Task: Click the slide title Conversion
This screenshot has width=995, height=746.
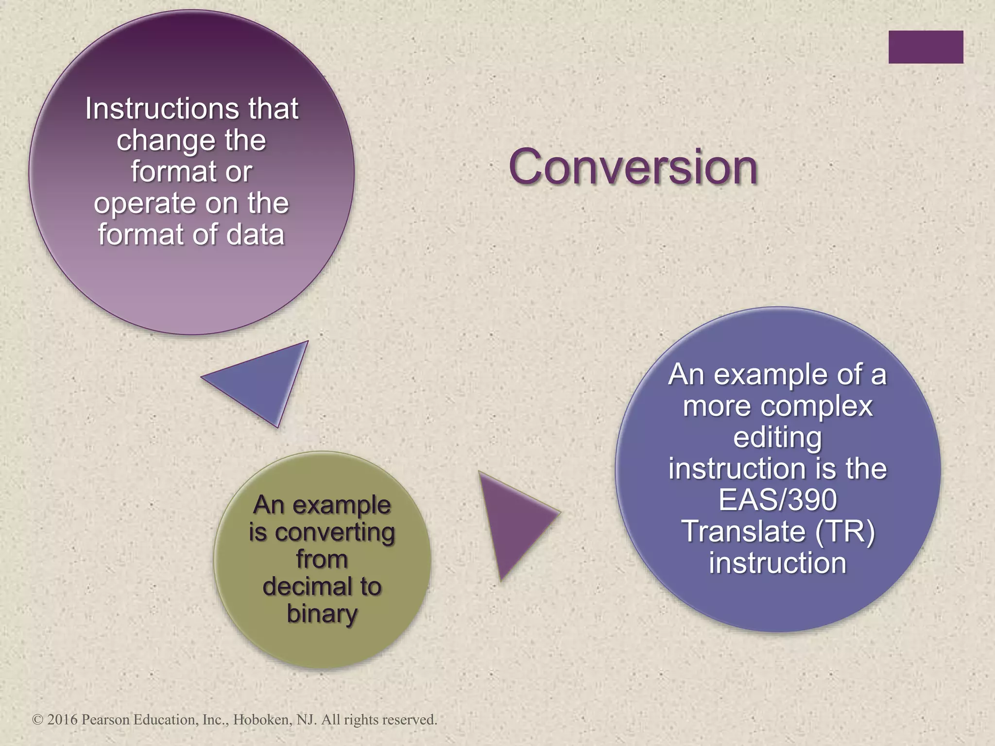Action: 633,167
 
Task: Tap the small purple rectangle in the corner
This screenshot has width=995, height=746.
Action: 926,47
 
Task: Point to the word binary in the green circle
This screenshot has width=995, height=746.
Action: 322,614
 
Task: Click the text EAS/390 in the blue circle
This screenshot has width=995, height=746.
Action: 777,500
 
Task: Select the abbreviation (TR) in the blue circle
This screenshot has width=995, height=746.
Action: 845,531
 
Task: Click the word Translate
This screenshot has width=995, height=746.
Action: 743,531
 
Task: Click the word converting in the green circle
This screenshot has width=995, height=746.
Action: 335,533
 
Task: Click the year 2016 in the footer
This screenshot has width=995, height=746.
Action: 62,719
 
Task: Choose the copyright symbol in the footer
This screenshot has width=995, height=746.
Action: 37,720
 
